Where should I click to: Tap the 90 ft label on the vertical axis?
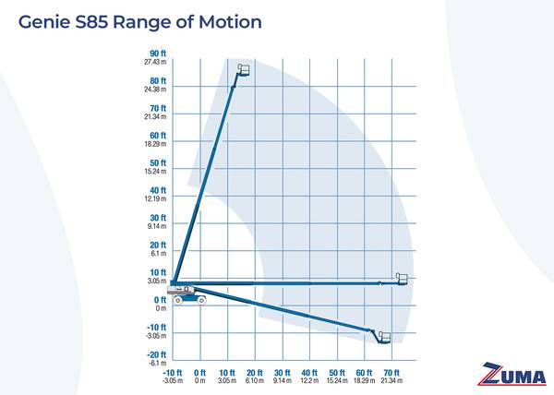point(157,54)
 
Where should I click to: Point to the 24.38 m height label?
point(154,90)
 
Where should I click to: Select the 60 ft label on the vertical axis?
point(157,136)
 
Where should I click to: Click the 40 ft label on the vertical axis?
point(157,190)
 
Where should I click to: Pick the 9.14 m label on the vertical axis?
point(155,226)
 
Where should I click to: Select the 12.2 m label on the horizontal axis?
point(310,380)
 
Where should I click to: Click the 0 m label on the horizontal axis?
point(200,380)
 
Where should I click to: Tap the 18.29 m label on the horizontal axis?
point(365,380)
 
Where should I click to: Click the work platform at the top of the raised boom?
point(244,70)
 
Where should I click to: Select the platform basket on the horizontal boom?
point(402,279)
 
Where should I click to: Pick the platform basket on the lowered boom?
point(383,337)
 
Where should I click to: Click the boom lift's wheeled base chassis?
point(187,296)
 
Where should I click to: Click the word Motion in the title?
point(230,20)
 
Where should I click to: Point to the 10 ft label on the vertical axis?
point(157,272)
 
